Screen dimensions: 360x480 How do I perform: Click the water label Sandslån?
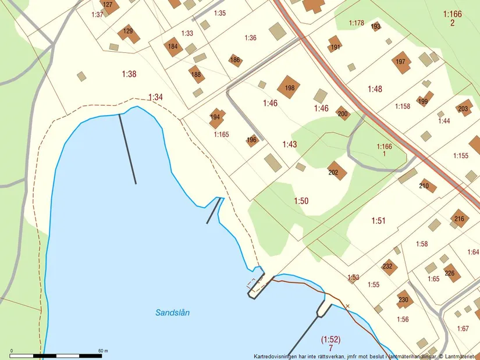click(172, 312)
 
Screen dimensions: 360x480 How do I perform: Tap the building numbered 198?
click(289, 87)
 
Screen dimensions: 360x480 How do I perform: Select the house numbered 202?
click(336, 170)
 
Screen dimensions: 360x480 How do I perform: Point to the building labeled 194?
click(216, 117)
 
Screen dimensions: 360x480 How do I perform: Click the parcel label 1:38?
click(129, 74)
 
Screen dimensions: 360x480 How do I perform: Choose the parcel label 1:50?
click(301, 201)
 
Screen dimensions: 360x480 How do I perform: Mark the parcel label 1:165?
click(221, 134)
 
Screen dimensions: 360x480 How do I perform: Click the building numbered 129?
click(129, 33)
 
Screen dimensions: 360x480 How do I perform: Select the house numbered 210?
click(427, 186)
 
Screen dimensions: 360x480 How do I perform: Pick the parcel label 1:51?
click(378, 220)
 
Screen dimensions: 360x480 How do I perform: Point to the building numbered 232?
click(389, 267)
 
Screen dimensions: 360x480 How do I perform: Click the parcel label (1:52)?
click(330, 339)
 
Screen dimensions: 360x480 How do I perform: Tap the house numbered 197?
click(400, 63)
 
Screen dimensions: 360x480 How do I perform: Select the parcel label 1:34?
click(155, 97)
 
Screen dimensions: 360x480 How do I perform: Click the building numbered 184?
click(173, 47)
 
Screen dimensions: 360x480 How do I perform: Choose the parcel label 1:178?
click(356, 23)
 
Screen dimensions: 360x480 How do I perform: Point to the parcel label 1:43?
click(290, 144)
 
